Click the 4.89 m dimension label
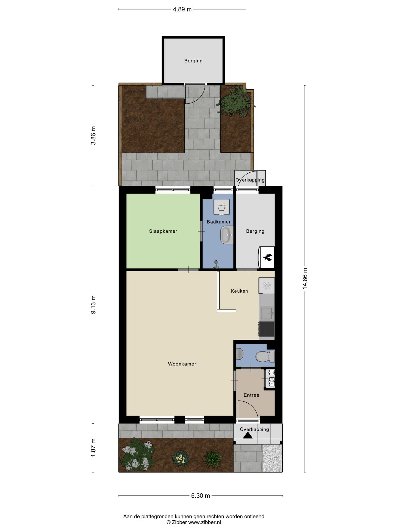point(182,10)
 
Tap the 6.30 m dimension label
point(201,496)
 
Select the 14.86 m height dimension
point(305,279)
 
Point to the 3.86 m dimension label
point(93,135)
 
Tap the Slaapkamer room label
point(163,231)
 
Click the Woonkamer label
point(182,364)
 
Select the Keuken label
point(239,291)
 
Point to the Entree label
point(251,395)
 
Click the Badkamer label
point(218,222)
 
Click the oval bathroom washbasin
point(227,235)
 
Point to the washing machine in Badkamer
point(221,207)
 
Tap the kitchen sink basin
point(266,313)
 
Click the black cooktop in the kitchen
point(267,329)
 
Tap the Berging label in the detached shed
point(193,61)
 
